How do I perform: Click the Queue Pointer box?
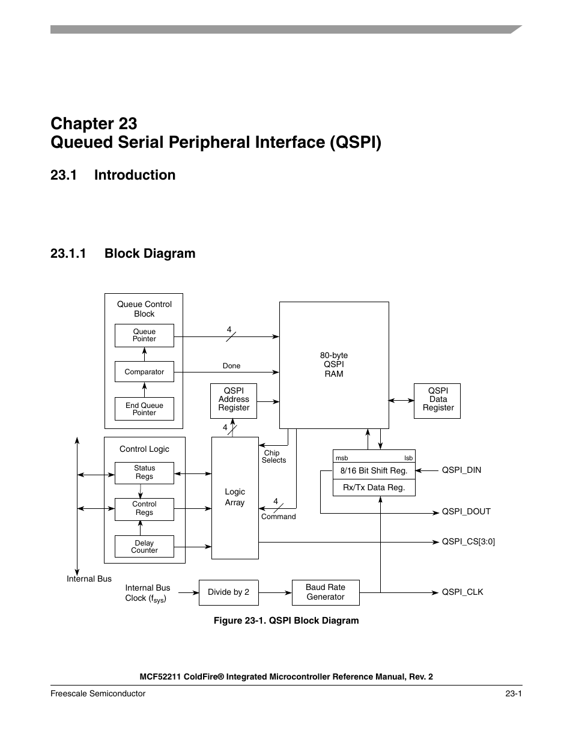[144, 335]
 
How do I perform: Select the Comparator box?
[144, 372]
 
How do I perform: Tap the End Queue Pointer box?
[144, 409]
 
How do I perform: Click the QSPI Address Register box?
[234, 400]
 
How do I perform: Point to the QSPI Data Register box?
[438, 400]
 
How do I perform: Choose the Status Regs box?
[144, 472]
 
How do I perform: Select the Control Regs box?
[144, 509]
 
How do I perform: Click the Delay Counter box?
[144, 547]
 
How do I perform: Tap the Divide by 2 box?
[228, 592]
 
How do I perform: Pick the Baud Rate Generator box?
[325, 592]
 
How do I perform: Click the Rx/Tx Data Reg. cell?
[374, 488]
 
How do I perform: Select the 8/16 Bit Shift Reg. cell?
[374, 471]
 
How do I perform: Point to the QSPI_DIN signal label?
[461, 470]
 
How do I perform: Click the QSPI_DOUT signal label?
[466, 512]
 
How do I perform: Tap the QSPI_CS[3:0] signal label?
[468, 542]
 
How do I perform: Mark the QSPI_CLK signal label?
[462, 592]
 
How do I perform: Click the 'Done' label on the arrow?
[231, 366]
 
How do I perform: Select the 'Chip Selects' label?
[273, 457]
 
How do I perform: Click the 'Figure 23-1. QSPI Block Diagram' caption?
[286, 621]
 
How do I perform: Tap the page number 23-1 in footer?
[513, 694]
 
